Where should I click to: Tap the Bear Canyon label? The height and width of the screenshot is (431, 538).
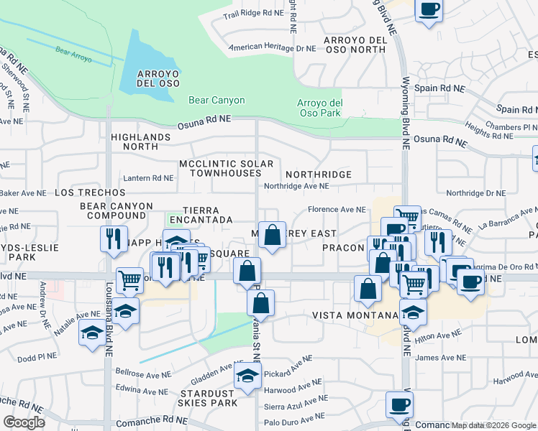tap(216, 101)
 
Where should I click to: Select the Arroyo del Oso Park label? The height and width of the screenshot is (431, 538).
tap(319, 107)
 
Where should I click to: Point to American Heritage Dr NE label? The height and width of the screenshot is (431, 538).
tap(272, 49)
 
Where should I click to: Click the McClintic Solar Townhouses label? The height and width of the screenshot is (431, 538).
tap(227, 170)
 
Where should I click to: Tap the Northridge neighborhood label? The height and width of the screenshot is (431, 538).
tap(318, 175)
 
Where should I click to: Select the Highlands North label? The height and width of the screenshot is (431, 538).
tap(140, 141)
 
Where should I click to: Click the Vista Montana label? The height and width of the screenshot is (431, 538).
tap(355, 315)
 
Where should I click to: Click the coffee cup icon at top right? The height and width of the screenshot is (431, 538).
tap(429, 10)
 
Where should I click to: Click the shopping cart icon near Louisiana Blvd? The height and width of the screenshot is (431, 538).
tap(129, 279)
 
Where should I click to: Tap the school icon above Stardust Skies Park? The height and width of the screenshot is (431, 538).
tap(247, 376)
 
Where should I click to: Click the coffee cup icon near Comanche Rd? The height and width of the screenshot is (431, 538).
tap(399, 404)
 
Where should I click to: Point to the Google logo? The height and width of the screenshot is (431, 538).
tap(24, 422)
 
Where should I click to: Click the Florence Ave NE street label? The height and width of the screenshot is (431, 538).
tap(337, 210)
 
